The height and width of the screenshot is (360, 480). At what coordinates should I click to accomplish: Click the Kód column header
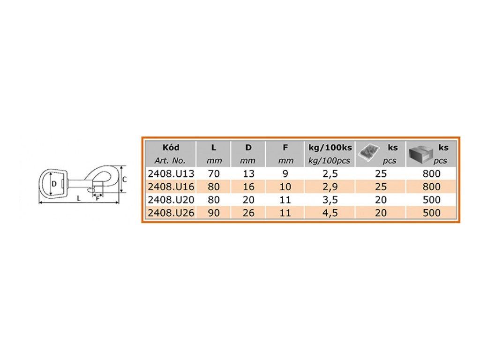click(171, 148)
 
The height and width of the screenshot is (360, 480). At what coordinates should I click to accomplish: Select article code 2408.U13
click(171, 174)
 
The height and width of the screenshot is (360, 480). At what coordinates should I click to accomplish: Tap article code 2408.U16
click(171, 187)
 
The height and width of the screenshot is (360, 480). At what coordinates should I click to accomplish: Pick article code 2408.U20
click(171, 200)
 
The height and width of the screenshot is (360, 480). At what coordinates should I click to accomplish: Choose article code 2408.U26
click(171, 213)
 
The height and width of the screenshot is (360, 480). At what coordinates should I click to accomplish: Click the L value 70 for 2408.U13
click(214, 174)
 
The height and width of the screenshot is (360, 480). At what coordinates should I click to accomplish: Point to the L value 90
click(214, 213)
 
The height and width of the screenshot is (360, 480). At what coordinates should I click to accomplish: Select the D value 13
click(248, 174)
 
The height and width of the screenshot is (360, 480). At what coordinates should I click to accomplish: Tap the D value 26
click(248, 213)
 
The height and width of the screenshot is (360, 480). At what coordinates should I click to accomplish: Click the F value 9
click(285, 174)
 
